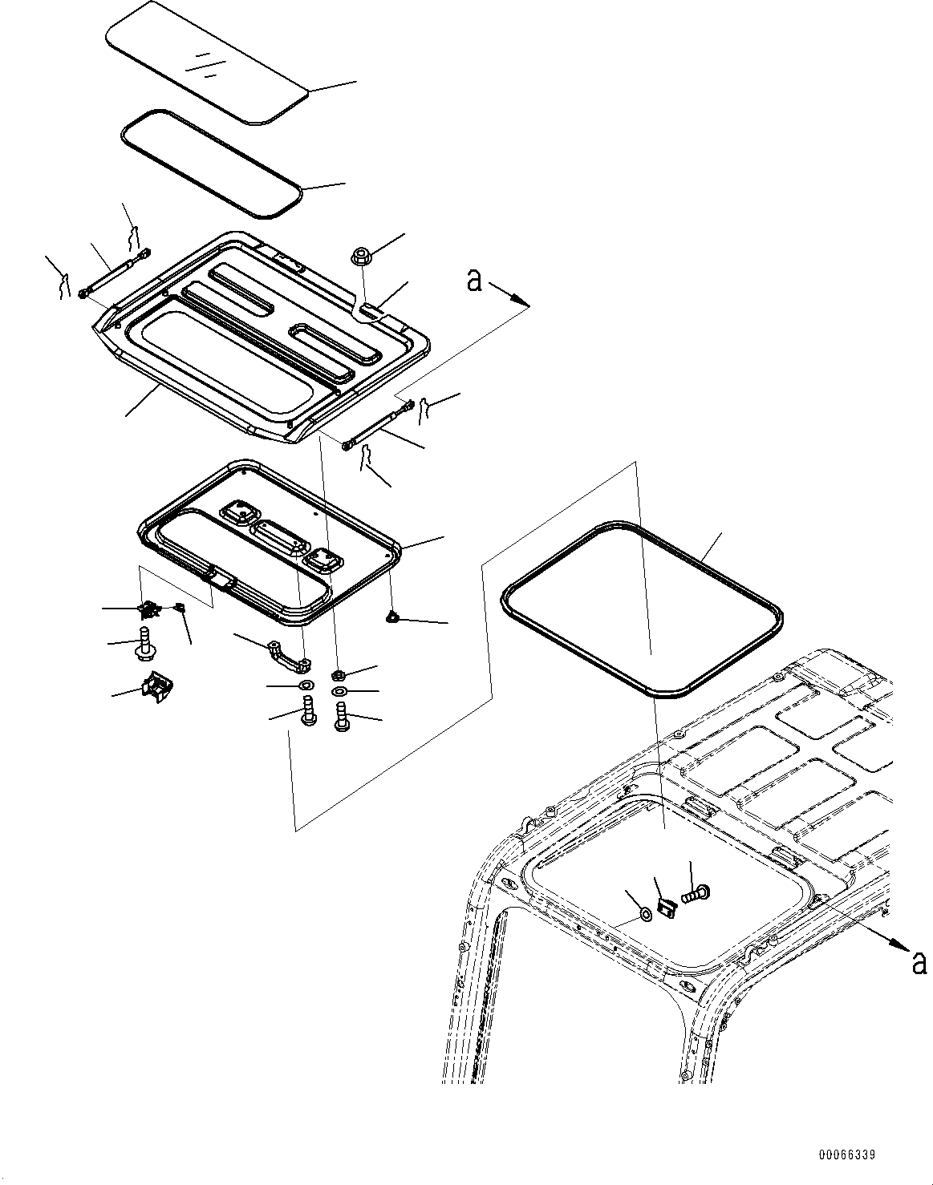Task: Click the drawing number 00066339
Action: point(846,1155)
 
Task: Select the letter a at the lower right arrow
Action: point(919,961)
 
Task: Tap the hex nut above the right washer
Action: point(339,674)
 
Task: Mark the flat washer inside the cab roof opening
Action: point(645,912)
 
